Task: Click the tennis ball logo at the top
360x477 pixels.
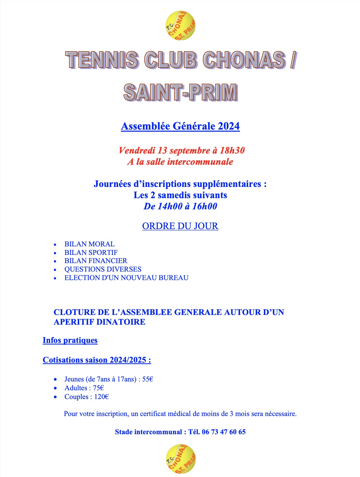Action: pyautogui.click(x=180, y=26)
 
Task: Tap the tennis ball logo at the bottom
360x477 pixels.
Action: pyautogui.click(x=181, y=459)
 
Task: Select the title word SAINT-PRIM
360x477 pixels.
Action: pyautogui.click(x=180, y=92)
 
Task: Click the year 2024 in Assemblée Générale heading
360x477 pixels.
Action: pyautogui.click(x=229, y=126)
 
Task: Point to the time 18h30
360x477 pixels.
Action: pyautogui.click(x=232, y=151)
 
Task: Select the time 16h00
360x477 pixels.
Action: pyautogui.click(x=205, y=206)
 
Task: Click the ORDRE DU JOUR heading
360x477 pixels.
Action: pyautogui.click(x=180, y=226)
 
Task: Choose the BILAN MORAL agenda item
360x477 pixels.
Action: pyautogui.click(x=90, y=244)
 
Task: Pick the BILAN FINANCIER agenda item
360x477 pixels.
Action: pyautogui.click(x=96, y=261)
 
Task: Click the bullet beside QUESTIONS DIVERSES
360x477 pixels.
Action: pyautogui.click(x=55, y=270)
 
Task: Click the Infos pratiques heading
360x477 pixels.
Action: pyautogui.click(x=70, y=340)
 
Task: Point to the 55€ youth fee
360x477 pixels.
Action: pyautogui.click(x=148, y=379)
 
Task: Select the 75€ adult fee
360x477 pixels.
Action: pyautogui.click(x=98, y=388)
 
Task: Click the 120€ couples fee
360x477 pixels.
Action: pyautogui.click(x=101, y=397)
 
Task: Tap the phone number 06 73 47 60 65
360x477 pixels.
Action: pyautogui.click(x=224, y=432)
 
